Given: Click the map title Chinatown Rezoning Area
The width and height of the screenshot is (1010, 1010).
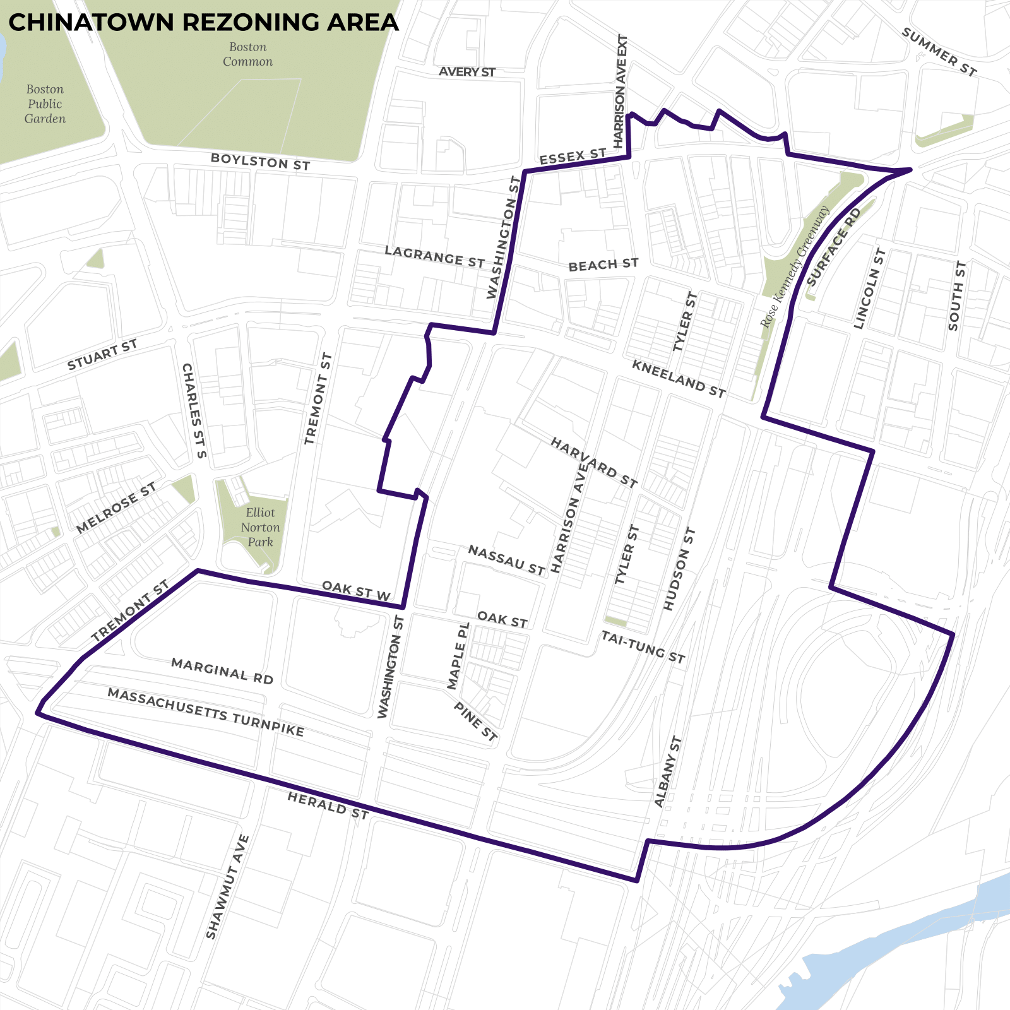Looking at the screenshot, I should click(203, 23).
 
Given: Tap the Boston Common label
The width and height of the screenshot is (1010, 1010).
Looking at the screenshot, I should click(247, 54).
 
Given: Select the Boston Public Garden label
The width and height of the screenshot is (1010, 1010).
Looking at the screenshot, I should click(45, 104).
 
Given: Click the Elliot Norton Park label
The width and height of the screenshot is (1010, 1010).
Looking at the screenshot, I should click(260, 527).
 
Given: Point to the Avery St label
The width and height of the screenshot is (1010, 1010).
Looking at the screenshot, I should click(467, 72).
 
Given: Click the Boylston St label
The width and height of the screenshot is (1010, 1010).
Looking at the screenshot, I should click(260, 162).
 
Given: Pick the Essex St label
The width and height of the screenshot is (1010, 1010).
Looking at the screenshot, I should click(573, 157).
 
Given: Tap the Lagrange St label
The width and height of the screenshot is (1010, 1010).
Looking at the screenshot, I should click(435, 257).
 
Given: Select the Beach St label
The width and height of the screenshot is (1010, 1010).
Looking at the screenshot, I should click(603, 265).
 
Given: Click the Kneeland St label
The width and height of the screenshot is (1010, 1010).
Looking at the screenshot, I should click(679, 379).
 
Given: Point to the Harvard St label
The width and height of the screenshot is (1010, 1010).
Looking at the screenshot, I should click(594, 463).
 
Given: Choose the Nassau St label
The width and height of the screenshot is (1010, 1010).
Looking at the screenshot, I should click(506, 560).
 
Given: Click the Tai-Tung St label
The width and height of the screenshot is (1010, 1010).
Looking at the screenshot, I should click(643, 647).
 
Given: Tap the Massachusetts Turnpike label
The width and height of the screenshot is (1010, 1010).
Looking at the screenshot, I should click(206, 713).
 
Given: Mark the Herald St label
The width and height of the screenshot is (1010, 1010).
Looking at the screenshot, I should click(328, 806).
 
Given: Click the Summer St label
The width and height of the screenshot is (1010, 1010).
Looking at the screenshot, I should click(939, 52).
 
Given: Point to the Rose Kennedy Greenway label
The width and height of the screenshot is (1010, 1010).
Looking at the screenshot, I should click(795, 266).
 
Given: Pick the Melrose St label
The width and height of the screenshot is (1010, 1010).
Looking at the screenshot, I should click(116, 508).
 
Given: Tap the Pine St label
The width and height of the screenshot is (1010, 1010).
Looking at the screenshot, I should click(475, 722).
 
